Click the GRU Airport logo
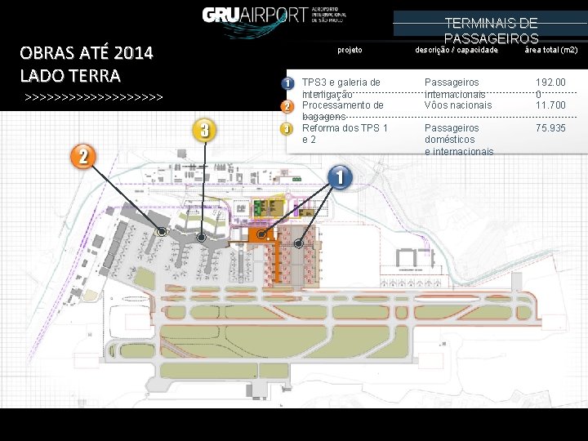pyautogui.click(x=275, y=15)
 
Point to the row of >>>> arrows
pyautogui.click(x=94, y=98)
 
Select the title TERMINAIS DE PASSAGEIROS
pyautogui.click(x=491, y=30)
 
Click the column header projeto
pyautogui.click(x=350, y=51)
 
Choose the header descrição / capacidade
pyautogui.click(x=457, y=51)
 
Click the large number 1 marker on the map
pyautogui.click(x=340, y=176)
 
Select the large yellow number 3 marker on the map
pyautogui.click(x=204, y=129)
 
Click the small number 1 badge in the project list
pyautogui.click(x=287, y=84)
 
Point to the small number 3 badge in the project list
pyautogui.click(x=287, y=128)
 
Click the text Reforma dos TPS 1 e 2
pyautogui.click(x=345, y=134)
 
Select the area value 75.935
pyautogui.click(x=550, y=128)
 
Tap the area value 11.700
pyautogui.click(x=550, y=105)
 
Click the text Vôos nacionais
pyautogui.click(x=458, y=105)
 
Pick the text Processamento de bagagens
pyautogui.click(x=342, y=111)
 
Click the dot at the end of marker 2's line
pyautogui.click(x=162, y=233)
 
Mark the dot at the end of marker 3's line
pyautogui.click(x=202, y=238)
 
